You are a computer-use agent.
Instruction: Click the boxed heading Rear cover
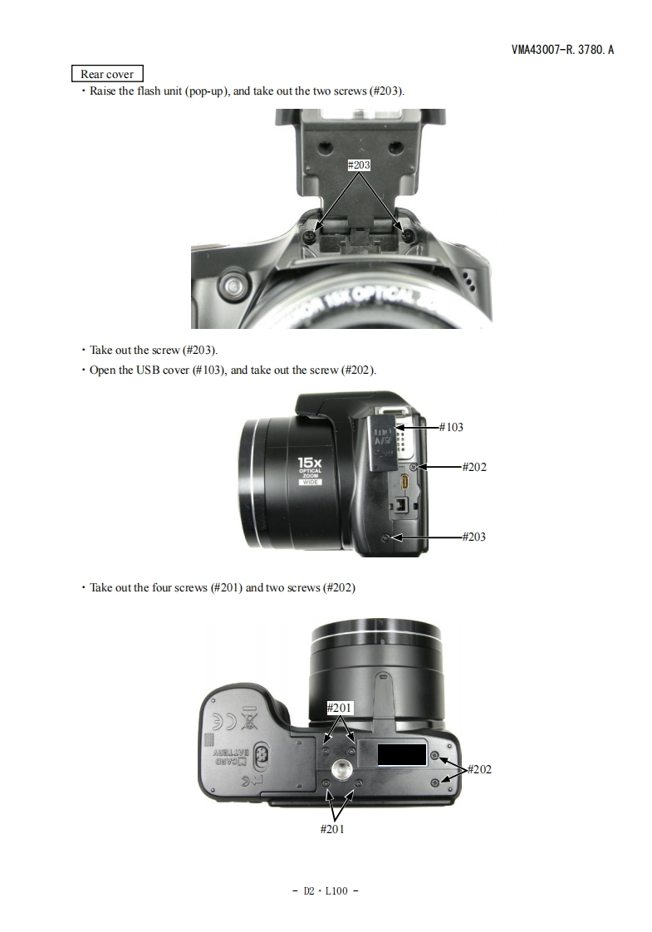pyautogui.click(x=107, y=74)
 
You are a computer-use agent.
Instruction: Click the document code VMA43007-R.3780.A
pyautogui.click(x=562, y=49)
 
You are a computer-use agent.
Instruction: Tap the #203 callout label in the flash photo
pyautogui.click(x=359, y=164)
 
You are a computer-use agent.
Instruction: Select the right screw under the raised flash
pyautogui.click(x=408, y=236)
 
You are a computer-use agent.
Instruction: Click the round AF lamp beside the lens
pyautogui.click(x=233, y=287)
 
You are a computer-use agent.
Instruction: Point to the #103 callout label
pyautogui.click(x=451, y=427)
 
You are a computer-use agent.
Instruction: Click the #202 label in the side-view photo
pyautogui.click(x=474, y=467)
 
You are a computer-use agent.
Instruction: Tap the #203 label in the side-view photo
pyautogui.click(x=474, y=537)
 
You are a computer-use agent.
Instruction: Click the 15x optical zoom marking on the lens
pyautogui.click(x=311, y=470)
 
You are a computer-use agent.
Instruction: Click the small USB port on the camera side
pyautogui.click(x=404, y=482)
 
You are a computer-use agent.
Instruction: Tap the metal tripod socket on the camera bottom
pyautogui.click(x=341, y=768)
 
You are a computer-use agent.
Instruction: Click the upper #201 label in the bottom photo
pyautogui.click(x=340, y=708)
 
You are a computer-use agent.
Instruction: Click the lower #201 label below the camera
pyautogui.click(x=332, y=829)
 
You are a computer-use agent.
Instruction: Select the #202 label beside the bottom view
pyautogui.click(x=479, y=769)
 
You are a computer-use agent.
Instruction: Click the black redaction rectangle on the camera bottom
pyautogui.click(x=402, y=754)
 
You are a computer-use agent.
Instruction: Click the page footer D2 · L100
pyautogui.click(x=326, y=890)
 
